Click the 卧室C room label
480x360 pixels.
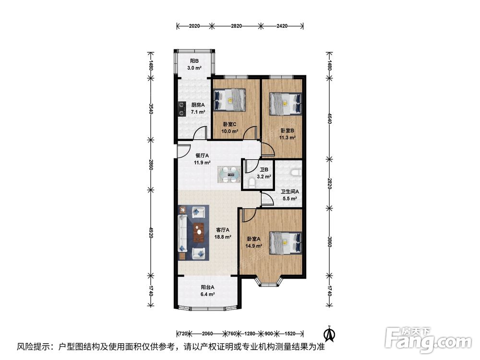[229, 124]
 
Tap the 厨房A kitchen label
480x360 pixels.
[198, 105]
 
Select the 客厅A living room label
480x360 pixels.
[223, 229]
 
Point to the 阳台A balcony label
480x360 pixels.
[207, 287]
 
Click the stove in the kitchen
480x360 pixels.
[182, 109]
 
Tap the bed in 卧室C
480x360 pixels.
[229, 99]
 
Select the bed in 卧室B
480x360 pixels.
[285, 104]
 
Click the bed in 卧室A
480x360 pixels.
[285, 243]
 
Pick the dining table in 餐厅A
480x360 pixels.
[229, 175]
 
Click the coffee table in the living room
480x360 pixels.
[199, 232]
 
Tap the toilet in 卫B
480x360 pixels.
[252, 183]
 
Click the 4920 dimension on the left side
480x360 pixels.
[151, 233]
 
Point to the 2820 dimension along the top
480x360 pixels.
[236, 26]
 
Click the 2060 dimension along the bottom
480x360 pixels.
[207, 334]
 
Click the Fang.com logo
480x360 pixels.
[428, 339]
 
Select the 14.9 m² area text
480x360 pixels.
[254, 245]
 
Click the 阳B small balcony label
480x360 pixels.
[194, 61]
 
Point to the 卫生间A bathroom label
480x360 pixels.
[290, 192]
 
